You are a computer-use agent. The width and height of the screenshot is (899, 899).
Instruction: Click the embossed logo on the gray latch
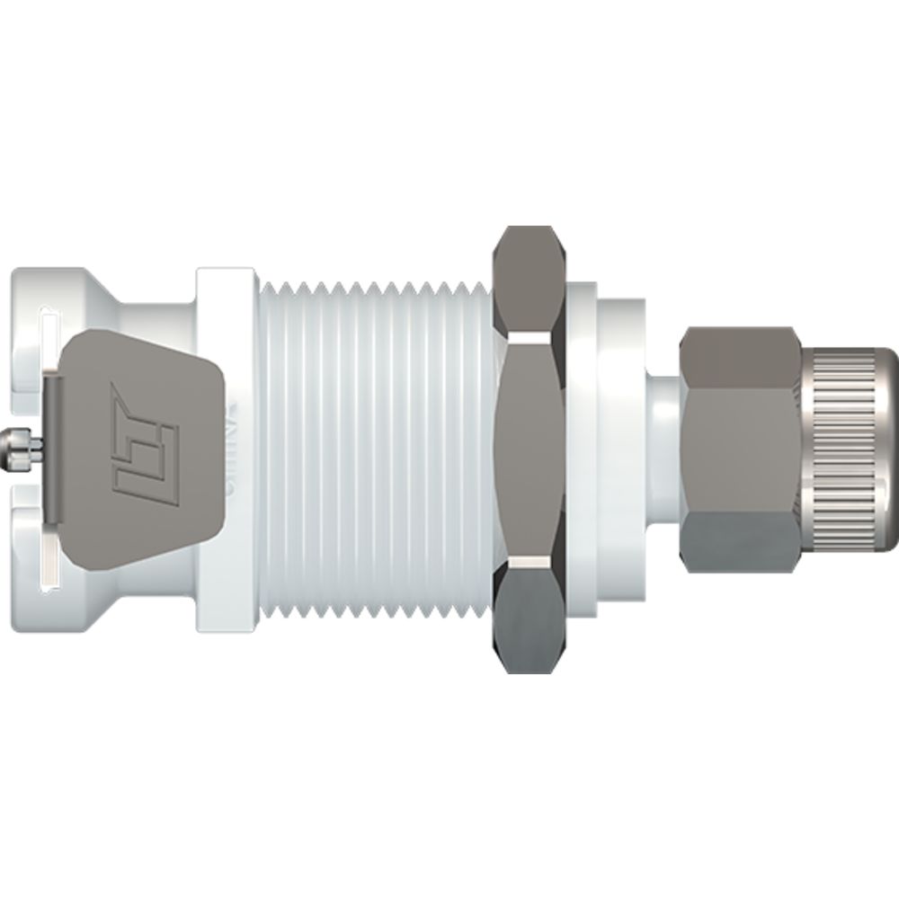click(143, 440)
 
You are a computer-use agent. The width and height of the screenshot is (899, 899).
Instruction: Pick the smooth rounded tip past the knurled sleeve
click(890, 449)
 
